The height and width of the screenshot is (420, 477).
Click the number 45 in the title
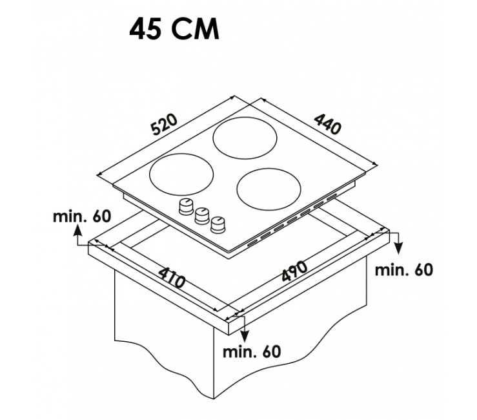[145, 29]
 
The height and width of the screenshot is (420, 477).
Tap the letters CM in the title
[195, 29]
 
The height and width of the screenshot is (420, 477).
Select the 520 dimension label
[165, 124]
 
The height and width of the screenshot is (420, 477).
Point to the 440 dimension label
[328, 123]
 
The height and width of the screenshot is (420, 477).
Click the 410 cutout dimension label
[171, 277]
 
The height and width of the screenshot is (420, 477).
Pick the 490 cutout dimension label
[294, 271]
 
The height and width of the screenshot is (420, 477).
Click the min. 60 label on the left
[82, 216]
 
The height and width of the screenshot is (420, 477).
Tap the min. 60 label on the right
[403, 270]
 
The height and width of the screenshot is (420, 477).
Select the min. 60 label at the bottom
[252, 352]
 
